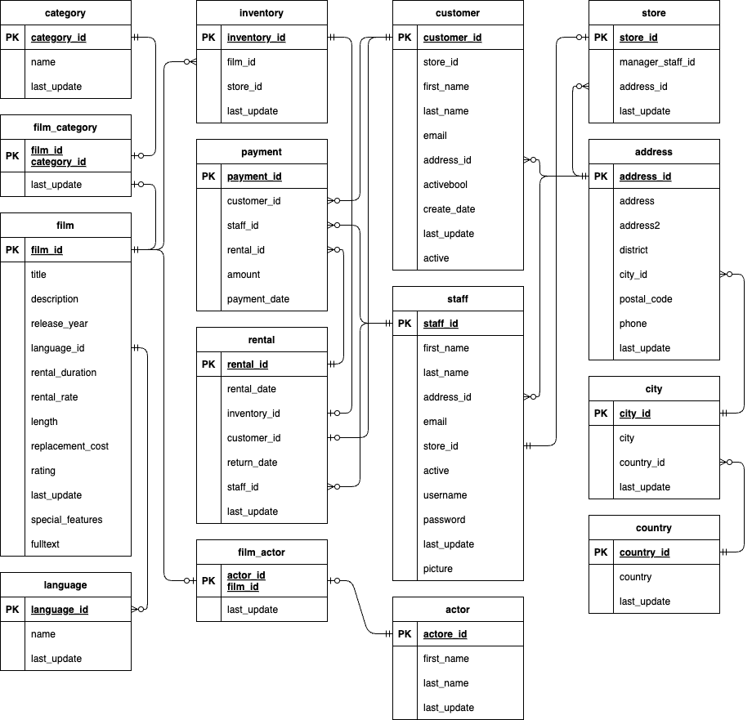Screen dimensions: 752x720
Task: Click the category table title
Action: click(x=65, y=13)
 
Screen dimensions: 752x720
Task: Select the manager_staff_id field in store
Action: click(x=657, y=62)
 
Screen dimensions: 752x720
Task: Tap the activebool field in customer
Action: click(x=445, y=185)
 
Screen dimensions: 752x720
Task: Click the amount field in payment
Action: click(x=244, y=275)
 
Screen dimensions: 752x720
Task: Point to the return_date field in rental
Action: click(x=253, y=463)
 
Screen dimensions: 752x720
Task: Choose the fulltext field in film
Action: click(x=45, y=544)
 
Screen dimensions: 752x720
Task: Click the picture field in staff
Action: click(x=438, y=569)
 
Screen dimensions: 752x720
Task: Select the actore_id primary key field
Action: click(x=445, y=633)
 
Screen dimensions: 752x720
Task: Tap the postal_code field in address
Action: click(x=646, y=299)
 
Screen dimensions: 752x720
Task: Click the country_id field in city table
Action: click(x=642, y=463)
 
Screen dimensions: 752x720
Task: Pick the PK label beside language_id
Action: click(x=12, y=610)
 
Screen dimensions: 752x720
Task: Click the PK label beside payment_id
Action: click(x=208, y=177)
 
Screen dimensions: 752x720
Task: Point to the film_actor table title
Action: click(x=262, y=552)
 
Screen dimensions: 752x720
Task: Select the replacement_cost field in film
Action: click(x=69, y=446)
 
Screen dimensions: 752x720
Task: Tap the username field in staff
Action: click(x=445, y=495)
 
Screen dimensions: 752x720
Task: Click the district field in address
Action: click(x=633, y=250)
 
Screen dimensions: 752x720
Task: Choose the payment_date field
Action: click(x=258, y=299)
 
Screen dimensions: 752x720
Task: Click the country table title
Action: click(x=654, y=528)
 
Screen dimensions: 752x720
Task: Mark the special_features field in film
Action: click(x=67, y=520)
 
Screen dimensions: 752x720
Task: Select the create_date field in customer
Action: click(x=449, y=209)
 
